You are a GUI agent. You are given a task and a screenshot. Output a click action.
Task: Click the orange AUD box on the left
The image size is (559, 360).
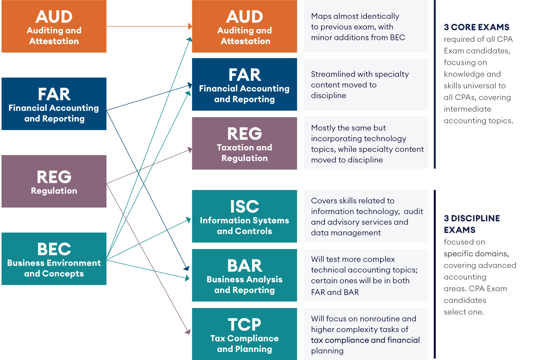click(x=54, y=26)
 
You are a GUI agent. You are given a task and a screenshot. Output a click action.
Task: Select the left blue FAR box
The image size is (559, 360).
click(x=54, y=104)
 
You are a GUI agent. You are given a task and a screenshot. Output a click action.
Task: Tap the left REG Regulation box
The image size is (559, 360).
click(x=54, y=181)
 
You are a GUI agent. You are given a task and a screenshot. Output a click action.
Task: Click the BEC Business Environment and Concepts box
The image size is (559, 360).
click(x=54, y=259)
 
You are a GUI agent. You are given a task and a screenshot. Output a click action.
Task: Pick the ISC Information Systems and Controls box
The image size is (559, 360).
click(x=244, y=216)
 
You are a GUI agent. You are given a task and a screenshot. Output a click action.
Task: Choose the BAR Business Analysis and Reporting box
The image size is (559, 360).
click(x=244, y=275)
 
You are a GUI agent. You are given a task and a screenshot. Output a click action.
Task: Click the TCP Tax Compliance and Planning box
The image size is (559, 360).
click(x=244, y=334)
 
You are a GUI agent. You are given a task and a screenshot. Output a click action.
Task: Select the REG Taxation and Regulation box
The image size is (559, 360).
click(x=244, y=144)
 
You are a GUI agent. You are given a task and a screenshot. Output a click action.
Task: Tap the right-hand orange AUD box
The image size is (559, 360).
click(x=244, y=26)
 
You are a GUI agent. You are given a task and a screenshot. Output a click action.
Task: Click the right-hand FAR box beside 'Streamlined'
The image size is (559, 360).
click(x=244, y=85)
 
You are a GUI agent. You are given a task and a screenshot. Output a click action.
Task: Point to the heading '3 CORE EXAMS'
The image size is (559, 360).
click(x=476, y=27)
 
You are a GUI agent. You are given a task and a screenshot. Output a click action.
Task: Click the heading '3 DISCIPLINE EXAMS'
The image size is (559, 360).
click(x=472, y=224)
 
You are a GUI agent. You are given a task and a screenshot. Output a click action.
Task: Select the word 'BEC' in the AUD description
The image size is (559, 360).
click(x=397, y=38)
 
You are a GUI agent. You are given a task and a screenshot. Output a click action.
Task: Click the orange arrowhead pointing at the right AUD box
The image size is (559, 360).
click(x=190, y=26)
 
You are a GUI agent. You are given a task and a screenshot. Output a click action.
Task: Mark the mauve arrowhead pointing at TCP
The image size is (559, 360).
click(x=188, y=332)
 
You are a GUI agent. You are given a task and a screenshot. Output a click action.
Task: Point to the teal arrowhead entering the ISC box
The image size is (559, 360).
click(x=189, y=220)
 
